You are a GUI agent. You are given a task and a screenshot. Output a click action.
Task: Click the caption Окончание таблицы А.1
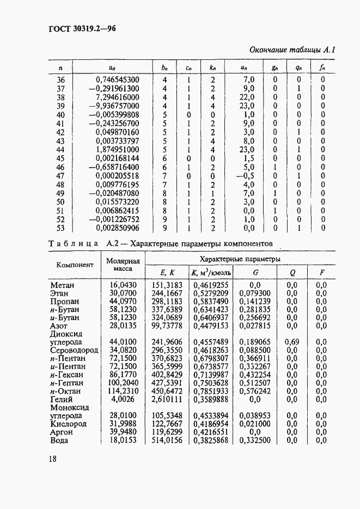click(291, 50)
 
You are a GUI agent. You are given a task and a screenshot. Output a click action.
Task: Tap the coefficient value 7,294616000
click(117, 97)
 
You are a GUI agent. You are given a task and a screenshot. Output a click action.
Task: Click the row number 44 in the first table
click(60, 149)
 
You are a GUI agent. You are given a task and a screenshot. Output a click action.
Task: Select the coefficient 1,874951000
click(117, 149)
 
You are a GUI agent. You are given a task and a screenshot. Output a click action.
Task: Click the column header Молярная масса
click(123, 265)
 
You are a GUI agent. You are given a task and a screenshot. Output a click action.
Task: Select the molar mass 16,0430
click(123, 285)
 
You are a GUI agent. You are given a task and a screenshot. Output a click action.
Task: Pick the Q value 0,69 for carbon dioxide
click(291, 342)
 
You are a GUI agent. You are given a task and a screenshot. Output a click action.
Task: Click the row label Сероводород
click(74, 350)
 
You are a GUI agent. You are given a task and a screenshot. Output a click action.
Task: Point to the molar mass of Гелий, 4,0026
click(125, 399)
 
